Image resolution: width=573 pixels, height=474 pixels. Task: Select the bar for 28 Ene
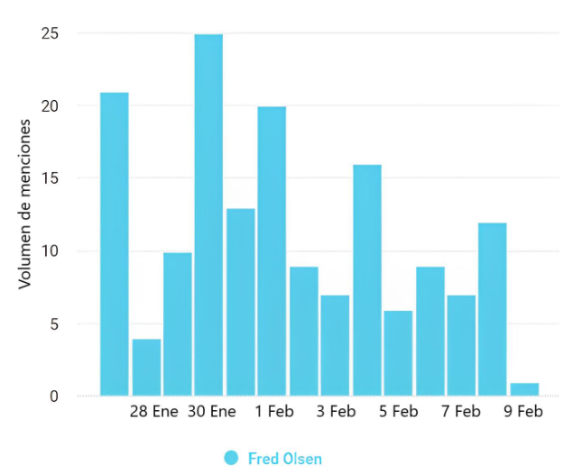pyautogui.click(x=146, y=367)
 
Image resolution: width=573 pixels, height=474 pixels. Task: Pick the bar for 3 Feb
pyautogui.click(x=335, y=345)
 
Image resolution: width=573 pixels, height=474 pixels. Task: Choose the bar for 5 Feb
pyautogui.click(x=398, y=352)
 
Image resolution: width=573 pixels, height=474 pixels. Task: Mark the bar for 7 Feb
pyautogui.click(x=461, y=345)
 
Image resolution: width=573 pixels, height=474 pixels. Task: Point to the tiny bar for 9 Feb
pyautogui.click(x=524, y=389)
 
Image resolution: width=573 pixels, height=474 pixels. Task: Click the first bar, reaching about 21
pyautogui.click(x=114, y=243)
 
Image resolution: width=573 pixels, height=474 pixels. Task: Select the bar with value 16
pyautogui.click(x=366, y=279)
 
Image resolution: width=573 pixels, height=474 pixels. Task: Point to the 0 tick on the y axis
pyautogui.click(x=54, y=397)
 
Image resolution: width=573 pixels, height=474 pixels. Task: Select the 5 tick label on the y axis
pyautogui.click(x=54, y=324)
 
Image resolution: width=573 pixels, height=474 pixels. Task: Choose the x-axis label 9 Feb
pyautogui.click(x=523, y=412)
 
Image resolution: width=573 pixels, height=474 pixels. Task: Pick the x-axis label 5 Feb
pyautogui.click(x=398, y=412)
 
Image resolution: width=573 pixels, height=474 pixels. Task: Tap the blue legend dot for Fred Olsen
pyautogui.click(x=232, y=458)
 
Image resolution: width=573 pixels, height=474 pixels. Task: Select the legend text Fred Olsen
pyautogui.click(x=284, y=459)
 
